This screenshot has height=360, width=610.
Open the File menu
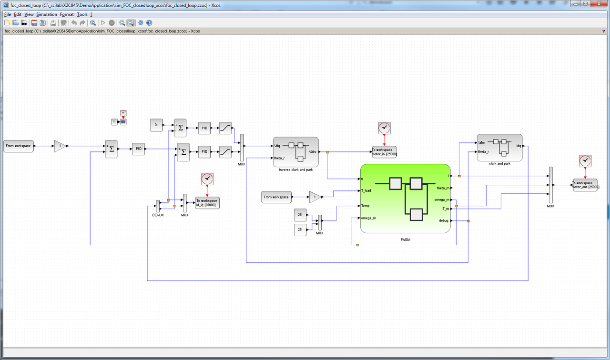[x=8, y=14]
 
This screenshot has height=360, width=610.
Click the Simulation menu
[x=46, y=14]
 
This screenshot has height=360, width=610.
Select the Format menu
[x=67, y=14]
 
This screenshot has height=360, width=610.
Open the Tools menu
[x=82, y=14]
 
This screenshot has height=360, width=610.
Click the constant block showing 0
[x=156, y=125]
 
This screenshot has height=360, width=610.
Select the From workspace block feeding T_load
[x=276, y=197]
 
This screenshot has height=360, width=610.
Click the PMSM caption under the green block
[x=405, y=240]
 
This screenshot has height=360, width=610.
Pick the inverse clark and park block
[x=295, y=152]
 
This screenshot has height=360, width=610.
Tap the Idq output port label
[x=518, y=146]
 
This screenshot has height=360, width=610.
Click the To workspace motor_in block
[x=384, y=152]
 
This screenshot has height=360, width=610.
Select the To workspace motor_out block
[x=585, y=185]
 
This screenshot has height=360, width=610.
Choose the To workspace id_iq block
[x=207, y=203]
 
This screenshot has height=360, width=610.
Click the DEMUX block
[x=158, y=206]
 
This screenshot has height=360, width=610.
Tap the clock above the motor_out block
[x=585, y=161]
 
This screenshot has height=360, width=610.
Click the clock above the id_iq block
[x=207, y=179]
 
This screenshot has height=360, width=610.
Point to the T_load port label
[x=366, y=190]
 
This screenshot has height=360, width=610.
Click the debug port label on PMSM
[x=444, y=220]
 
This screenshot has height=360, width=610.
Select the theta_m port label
[x=443, y=188]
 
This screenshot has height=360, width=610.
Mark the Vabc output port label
[x=313, y=152]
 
